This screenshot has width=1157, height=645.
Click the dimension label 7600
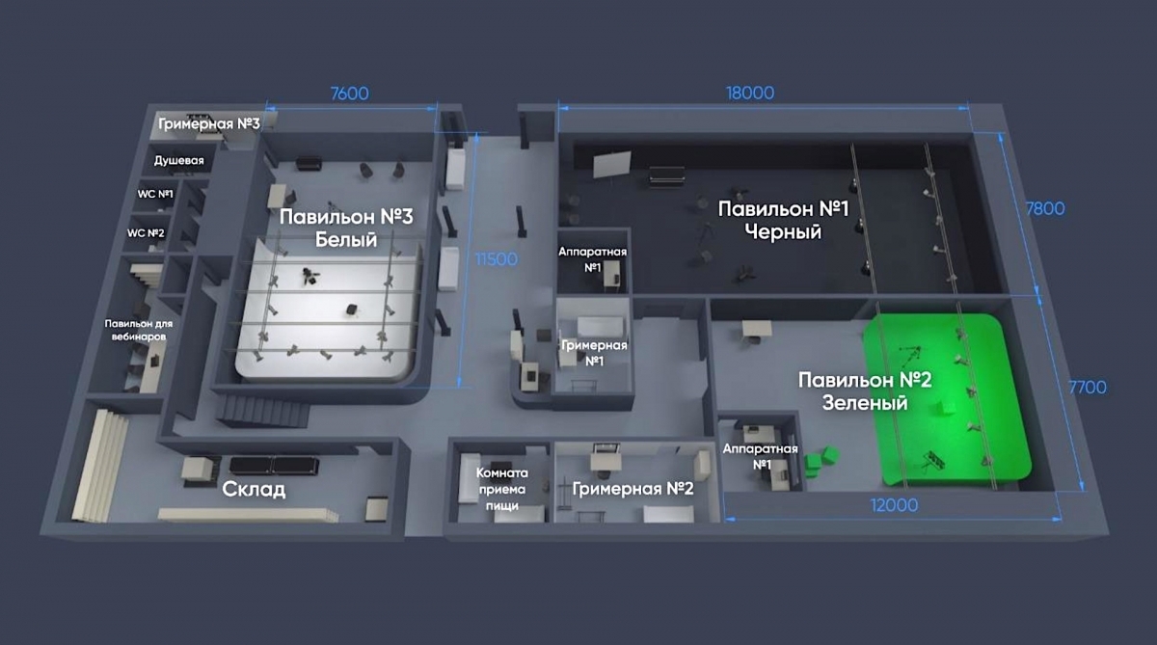tap(349, 94)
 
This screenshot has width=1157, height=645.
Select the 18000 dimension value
tap(749, 94)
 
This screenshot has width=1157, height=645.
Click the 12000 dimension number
tap(893, 505)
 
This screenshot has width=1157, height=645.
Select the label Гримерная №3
tap(209, 124)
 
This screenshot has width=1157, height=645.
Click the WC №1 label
tap(155, 194)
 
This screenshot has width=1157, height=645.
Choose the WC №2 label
tap(146, 233)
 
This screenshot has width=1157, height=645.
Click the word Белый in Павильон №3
tap(346, 240)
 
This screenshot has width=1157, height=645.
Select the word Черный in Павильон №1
tap(782, 232)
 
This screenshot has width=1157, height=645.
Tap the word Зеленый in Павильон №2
tap(865, 403)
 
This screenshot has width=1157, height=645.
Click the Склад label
tap(255, 489)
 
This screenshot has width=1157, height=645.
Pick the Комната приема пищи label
tap(502, 490)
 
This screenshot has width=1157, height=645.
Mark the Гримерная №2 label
tap(632, 489)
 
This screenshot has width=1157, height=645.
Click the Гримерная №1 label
tap(594, 353)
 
